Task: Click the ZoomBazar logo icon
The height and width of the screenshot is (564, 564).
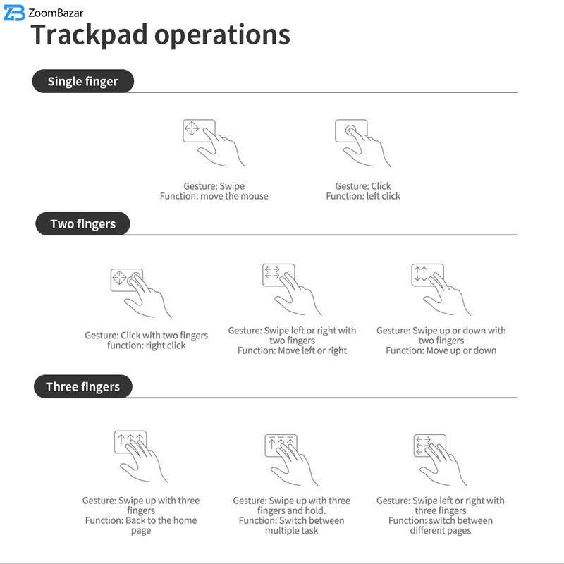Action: (x=14, y=13)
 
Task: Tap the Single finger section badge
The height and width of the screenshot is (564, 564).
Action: (x=82, y=81)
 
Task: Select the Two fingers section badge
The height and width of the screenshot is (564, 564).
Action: (x=82, y=224)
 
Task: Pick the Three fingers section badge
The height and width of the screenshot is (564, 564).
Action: (x=82, y=386)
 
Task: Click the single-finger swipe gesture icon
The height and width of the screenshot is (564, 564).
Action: (x=213, y=143)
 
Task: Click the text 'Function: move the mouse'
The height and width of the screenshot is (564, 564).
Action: (x=214, y=196)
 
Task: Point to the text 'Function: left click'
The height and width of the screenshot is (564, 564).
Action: (x=362, y=196)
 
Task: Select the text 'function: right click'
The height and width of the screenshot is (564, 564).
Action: (x=147, y=345)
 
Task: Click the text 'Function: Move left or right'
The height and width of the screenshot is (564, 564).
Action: (x=292, y=350)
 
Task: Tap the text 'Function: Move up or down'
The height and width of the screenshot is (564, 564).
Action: (x=441, y=350)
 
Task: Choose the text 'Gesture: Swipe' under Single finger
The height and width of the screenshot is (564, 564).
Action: (x=214, y=186)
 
